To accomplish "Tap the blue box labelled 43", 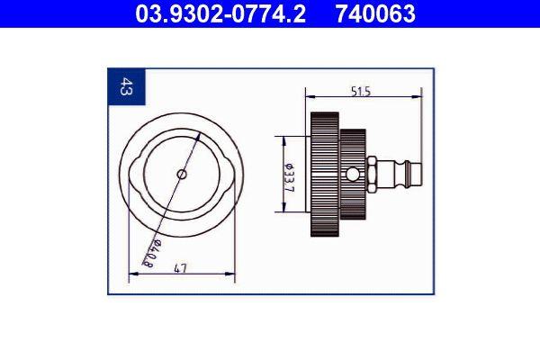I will pyautogui.click(x=126, y=87).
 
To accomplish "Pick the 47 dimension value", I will pyautogui.click(x=181, y=268).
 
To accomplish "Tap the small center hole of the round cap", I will pyautogui.click(x=182, y=175).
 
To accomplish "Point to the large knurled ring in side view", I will pyautogui.click(x=325, y=174).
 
